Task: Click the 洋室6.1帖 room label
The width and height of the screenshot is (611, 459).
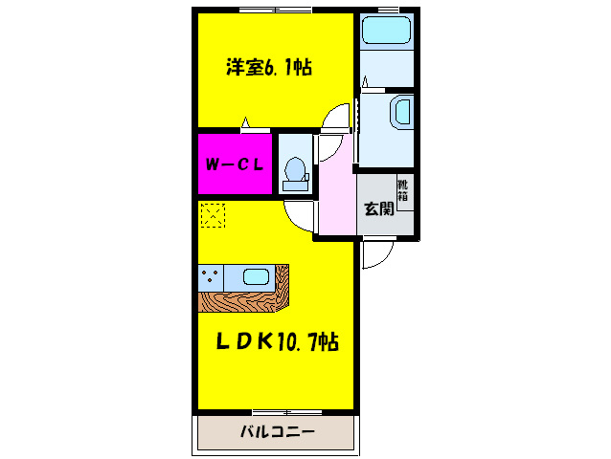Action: tap(269, 68)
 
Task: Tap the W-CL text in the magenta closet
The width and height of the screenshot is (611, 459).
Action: tap(236, 164)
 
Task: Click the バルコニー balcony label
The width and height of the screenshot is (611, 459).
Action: tap(276, 432)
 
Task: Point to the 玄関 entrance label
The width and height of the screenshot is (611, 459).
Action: tap(379, 209)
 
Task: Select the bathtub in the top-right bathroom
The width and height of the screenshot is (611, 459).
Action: tap(387, 31)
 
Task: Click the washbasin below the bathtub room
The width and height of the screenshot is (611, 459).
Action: tap(400, 114)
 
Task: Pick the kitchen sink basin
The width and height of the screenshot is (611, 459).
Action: tap(256, 277)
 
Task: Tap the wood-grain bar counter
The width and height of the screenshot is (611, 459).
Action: tap(241, 302)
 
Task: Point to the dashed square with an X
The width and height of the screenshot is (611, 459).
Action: tap(212, 215)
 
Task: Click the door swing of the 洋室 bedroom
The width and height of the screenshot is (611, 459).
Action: tap(337, 120)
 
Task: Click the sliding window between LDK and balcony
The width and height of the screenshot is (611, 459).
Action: tap(278, 411)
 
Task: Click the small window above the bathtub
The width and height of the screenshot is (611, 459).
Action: tap(387, 9)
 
